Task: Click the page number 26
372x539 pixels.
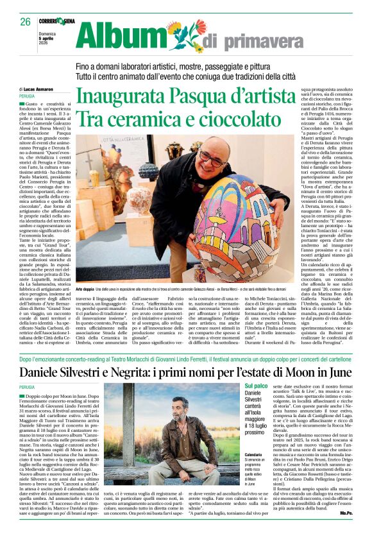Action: click(25, 21)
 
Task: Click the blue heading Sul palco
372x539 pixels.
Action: click(257, 386)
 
